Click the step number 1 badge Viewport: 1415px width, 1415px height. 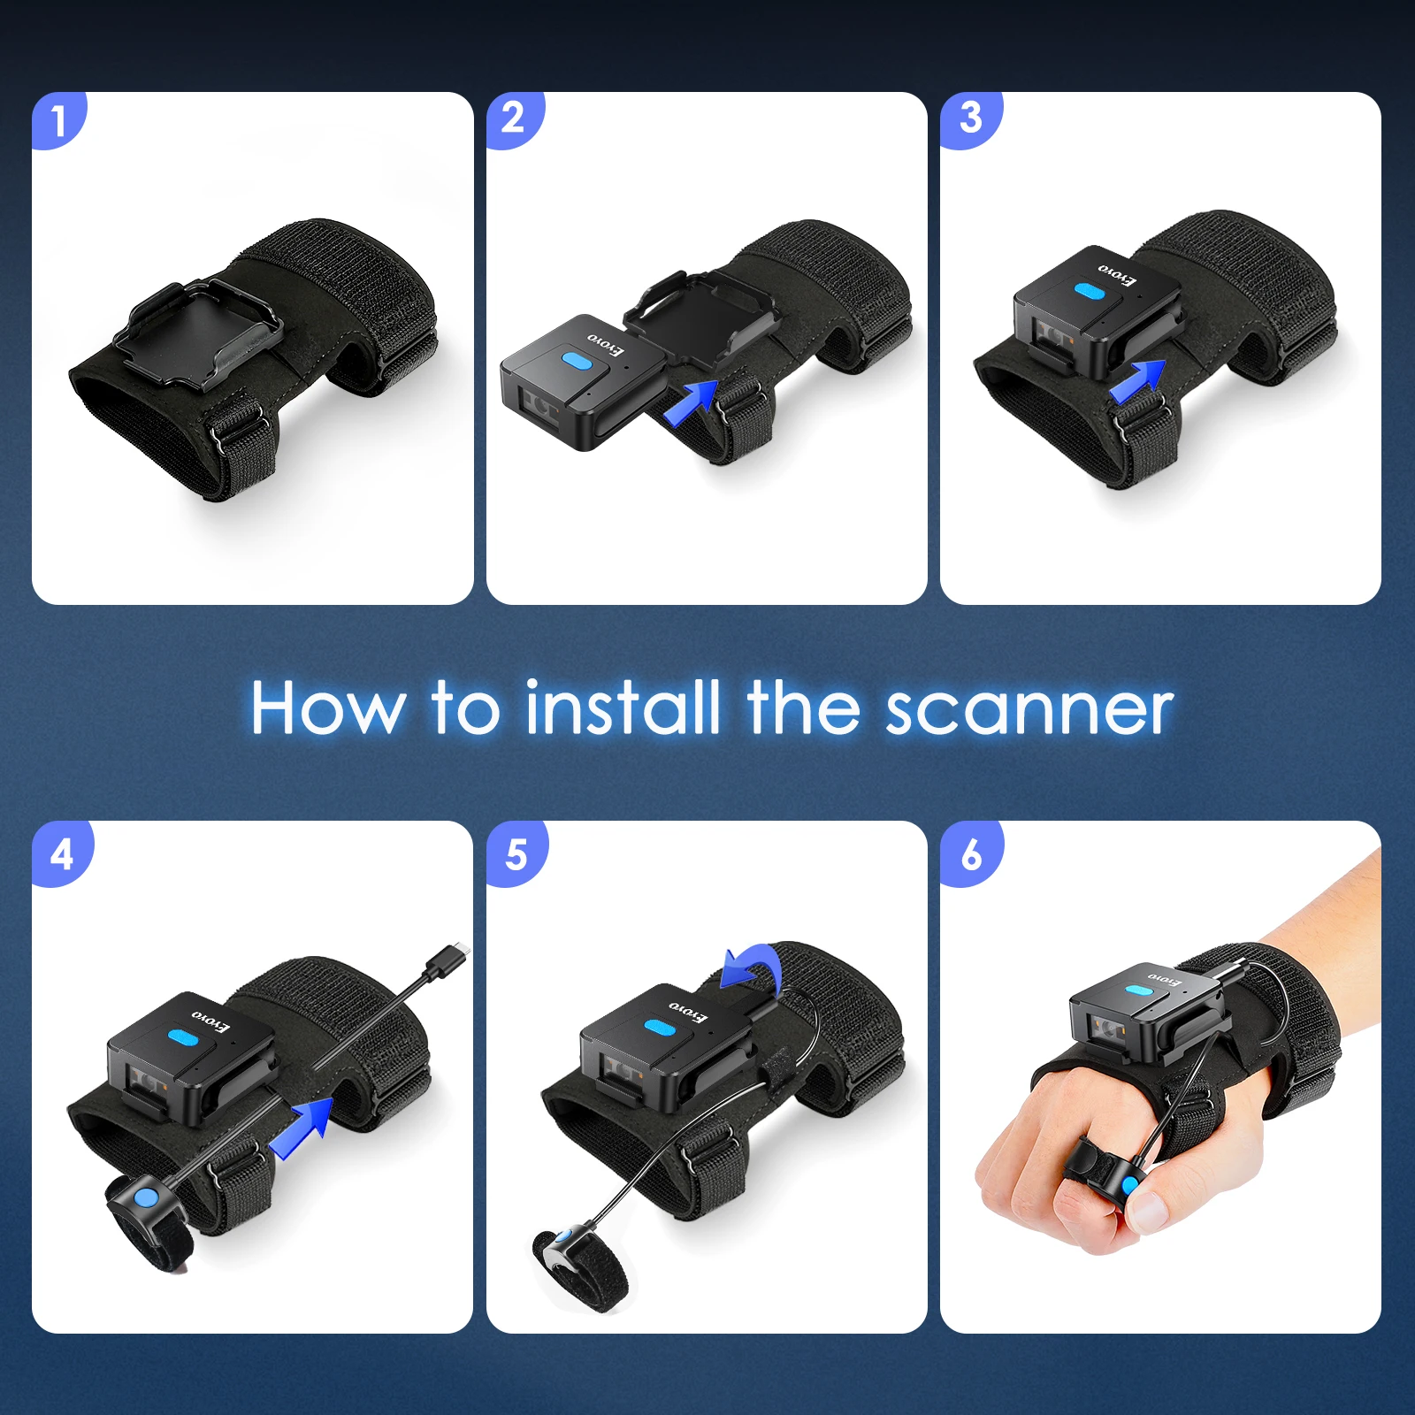click(x=59, y=119)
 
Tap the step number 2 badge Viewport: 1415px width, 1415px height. click(x=514, y=119)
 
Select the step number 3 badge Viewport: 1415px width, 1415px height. click(x=970, y=119)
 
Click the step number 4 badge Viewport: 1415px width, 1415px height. click(x=61, y=853)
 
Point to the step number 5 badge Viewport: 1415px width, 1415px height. click(x=516, y=853)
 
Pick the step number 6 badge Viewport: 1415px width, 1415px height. click(x=971, y=853)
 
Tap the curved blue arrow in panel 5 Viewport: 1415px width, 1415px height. click(x=753, y=966)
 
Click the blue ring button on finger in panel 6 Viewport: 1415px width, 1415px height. click(x=1129, y=1184)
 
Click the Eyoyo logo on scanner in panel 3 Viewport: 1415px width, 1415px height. click(x=1118, y=273)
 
